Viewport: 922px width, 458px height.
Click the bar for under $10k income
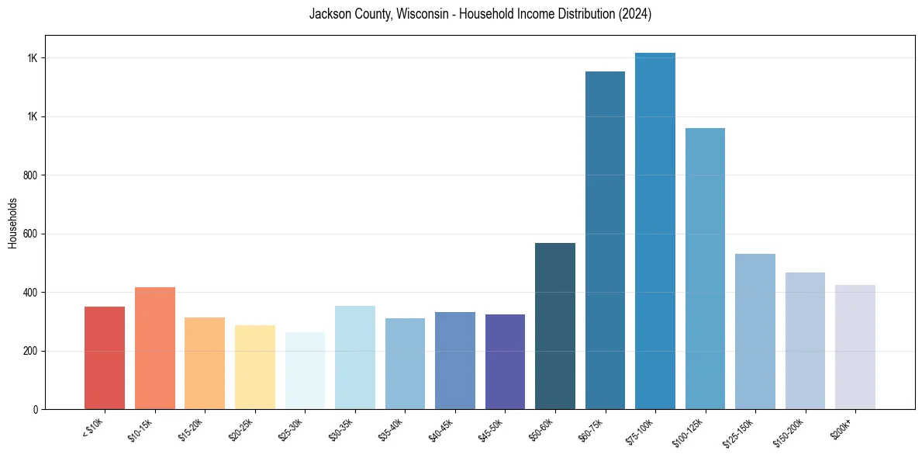click(x=105, y=358)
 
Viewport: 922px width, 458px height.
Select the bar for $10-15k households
click(x=154, y=349)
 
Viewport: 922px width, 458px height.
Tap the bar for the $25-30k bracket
click(x=305, y=371)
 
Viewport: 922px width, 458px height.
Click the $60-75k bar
click(x=605, y=241)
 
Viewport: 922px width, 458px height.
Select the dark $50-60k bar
click(x=555, y=326)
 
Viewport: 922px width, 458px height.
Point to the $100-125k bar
click(x=705, y=269)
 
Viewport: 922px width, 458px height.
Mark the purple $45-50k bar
click(x=505, y=362)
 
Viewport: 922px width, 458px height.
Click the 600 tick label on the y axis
click(x=31, y=234)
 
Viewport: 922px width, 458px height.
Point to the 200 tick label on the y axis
click(x=31, y=351)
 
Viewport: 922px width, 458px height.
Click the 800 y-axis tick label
click(x=31, y=175)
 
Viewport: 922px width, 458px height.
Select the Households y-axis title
click(x=12, y=223)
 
